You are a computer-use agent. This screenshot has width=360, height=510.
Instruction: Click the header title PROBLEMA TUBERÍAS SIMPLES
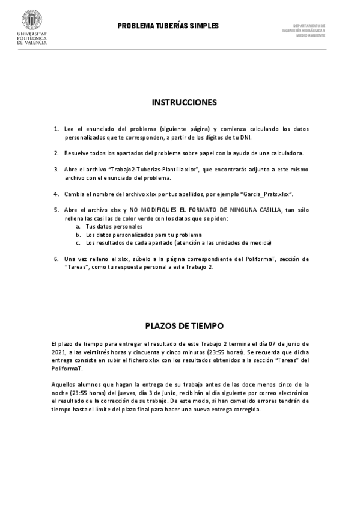click(x=168, y=26)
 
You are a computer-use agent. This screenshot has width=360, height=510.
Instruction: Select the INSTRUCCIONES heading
click(x=184, y=103)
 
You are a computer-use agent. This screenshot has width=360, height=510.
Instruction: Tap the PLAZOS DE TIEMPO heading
click(x=184, y=325)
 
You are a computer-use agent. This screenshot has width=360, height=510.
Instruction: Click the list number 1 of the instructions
click(x=56, y=129)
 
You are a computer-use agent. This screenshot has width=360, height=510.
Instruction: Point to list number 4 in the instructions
click(x=56, y=194)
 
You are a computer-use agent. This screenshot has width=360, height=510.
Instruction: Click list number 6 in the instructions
click(x=56, y=259)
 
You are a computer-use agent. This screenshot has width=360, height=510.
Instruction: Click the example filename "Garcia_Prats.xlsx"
click(x=266, y=194)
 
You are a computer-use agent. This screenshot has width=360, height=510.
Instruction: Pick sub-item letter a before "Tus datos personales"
click(x=78, y=226)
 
